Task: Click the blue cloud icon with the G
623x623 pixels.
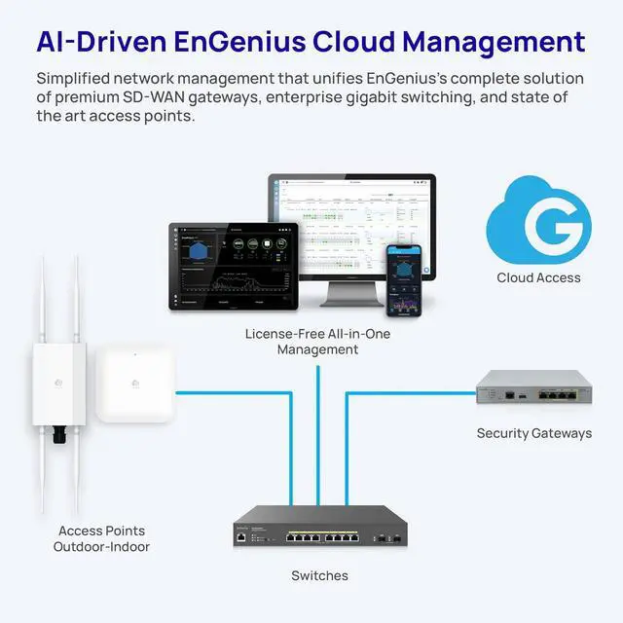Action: tap(538, 221)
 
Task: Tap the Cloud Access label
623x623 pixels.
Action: tap(538, 277)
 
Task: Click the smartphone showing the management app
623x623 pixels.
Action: tap(403, 279)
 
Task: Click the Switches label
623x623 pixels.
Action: tap(319, 576)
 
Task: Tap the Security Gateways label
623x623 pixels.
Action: tap(533, 433)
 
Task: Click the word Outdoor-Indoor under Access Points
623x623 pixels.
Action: tap(101, 548)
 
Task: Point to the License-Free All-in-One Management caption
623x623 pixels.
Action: tap(316, 342)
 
